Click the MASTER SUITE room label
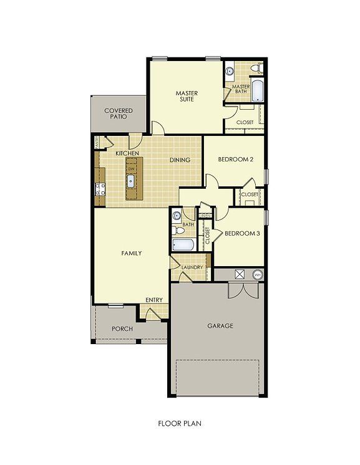(x=186, y=96)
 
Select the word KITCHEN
(x=127, y=153)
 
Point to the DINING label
(x=180, y=160)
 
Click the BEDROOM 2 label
(x=235, y=160)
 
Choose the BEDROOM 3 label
(x=242, y=234)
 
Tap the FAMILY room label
(x=132, y=253)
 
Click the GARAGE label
(x=220, y=325)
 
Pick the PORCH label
(x=122, y=328)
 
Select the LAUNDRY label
(x=192, y=267)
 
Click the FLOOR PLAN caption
(x=180, y=423)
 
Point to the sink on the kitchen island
(x=132, y=181)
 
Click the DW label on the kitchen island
(x=131, y=169)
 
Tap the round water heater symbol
(x=257, y=274)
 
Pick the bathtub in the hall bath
(x=183, y=243)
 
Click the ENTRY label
(x=154, y=300)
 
